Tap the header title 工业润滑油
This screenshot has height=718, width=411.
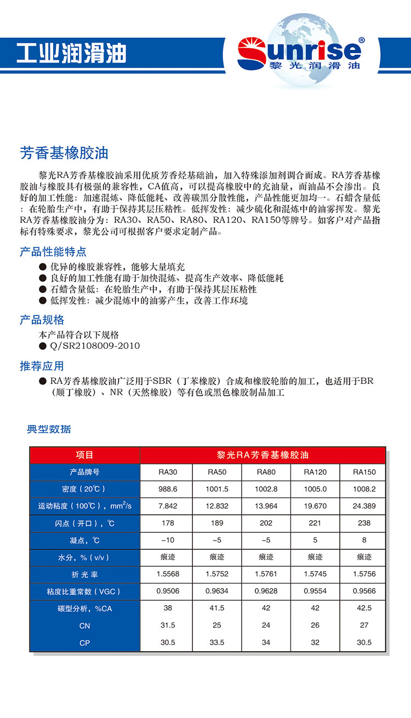tap(71, 53)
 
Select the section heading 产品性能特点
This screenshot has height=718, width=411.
tap(53, 252)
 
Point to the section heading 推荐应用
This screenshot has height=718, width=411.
tap(42, 366)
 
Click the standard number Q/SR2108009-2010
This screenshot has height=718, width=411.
tap(95, 346)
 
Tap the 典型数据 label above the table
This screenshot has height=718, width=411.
tap(49, 429)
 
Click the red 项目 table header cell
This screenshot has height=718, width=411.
tap(84, 455)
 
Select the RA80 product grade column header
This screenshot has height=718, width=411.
tap(266, 472)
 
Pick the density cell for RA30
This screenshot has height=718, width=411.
tap(168, 489)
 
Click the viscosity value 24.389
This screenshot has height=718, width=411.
tap(364, 506)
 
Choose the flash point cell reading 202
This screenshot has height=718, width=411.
tap(266, 523)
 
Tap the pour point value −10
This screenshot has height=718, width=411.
tap(168, 540)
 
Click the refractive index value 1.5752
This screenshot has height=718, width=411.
tap(216, 574)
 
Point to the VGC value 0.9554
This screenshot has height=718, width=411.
tap(315, 591)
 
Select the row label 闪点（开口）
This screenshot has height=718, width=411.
tap(84, 524)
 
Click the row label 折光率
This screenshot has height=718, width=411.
tap(84, 574)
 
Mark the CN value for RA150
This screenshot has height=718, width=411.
tap(364, 625)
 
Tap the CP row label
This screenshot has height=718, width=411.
tap(84, 642)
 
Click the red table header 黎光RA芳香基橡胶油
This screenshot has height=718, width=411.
tap(263, 455)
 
